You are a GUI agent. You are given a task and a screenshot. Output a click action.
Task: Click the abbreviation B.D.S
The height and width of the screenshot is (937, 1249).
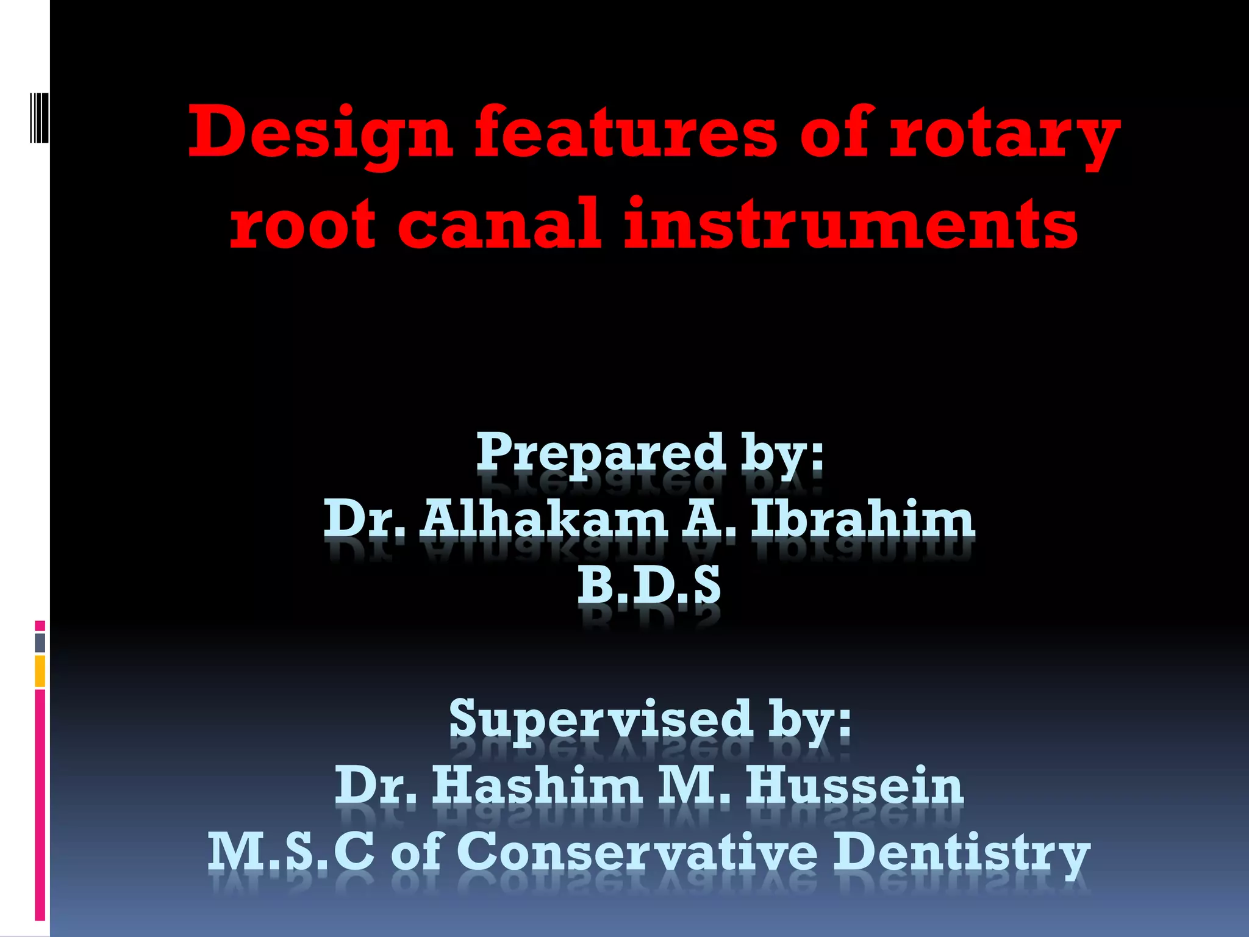(649, 585)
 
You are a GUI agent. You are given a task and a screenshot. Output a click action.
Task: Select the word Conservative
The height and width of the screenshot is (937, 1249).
(637, 852)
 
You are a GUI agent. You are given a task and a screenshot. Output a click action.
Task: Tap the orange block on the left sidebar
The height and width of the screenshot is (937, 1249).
(40, 671)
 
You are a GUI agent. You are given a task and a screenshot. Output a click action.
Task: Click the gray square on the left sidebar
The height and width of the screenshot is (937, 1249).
(40, 642)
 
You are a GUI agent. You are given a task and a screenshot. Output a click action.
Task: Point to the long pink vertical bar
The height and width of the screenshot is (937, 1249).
(40, 805)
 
